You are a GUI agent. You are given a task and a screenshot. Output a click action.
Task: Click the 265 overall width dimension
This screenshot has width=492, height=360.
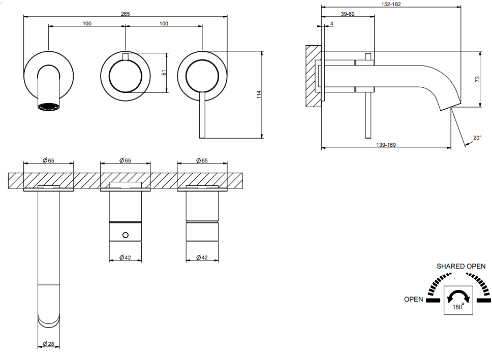(125, 14)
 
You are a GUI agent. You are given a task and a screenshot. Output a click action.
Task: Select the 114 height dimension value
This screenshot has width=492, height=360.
(259, 94)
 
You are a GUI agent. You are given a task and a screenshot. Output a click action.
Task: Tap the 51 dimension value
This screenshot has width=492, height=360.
(164, 73)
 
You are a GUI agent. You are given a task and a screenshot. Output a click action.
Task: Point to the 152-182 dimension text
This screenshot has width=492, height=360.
(391, 4)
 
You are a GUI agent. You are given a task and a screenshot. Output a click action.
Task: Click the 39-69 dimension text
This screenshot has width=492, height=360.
(347, 14)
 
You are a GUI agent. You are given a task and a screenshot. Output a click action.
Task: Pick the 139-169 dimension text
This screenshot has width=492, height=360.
(386, 145)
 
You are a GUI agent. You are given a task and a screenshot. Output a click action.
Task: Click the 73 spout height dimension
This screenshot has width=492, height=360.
(477, 79)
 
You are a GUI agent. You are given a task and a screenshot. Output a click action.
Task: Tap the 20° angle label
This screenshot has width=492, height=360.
(477, 138)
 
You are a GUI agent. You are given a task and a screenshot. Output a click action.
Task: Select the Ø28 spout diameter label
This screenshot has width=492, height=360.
(48, 344)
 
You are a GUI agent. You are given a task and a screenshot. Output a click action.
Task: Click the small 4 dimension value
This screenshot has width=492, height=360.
(332, 23)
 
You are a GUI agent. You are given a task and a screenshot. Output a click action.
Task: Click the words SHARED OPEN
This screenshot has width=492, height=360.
(461, 266)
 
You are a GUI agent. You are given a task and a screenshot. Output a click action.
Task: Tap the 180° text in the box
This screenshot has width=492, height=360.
(458, 307)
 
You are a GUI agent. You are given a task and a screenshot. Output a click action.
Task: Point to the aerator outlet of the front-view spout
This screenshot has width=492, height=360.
(48, 107)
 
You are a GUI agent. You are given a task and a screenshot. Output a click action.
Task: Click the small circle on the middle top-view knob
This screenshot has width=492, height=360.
(125, 235)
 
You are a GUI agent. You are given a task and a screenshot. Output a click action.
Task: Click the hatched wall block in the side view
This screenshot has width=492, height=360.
(313, 76)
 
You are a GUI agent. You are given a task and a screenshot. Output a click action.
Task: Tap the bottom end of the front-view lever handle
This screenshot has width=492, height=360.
(202, 138)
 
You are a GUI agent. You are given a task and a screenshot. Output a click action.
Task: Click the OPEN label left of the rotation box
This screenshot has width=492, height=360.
(413, 299)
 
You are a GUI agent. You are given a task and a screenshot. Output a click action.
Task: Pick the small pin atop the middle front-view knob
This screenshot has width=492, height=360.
(125, 56)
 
